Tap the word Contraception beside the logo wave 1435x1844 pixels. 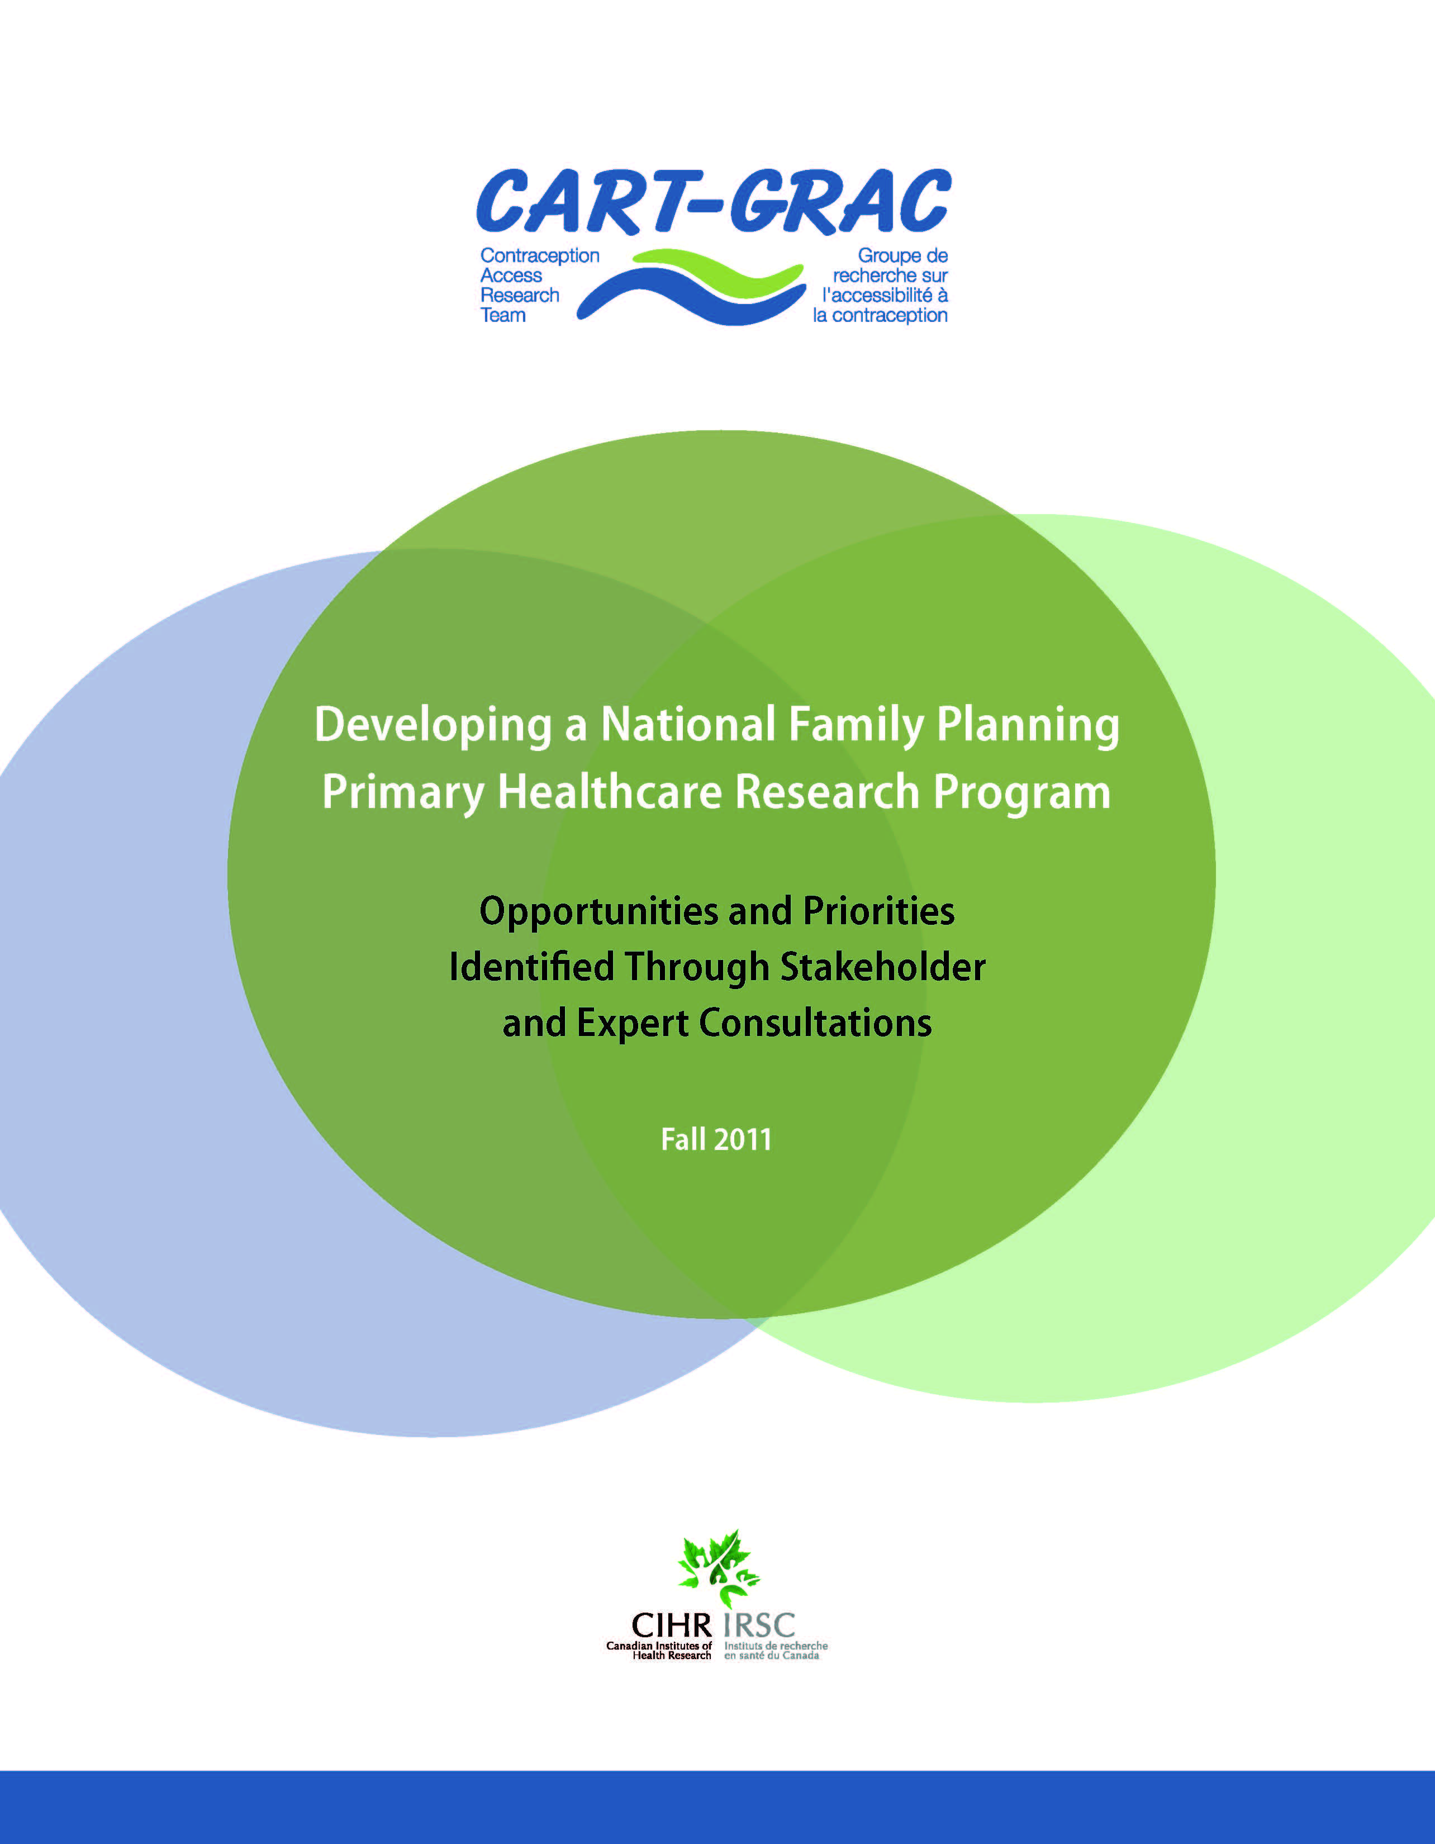pos(539,255)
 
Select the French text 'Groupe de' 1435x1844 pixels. pos(902,255)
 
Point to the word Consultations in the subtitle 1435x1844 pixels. pos(815,1023)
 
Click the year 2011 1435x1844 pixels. pos(743,1140)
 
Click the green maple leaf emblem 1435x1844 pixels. pos(717,1569)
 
